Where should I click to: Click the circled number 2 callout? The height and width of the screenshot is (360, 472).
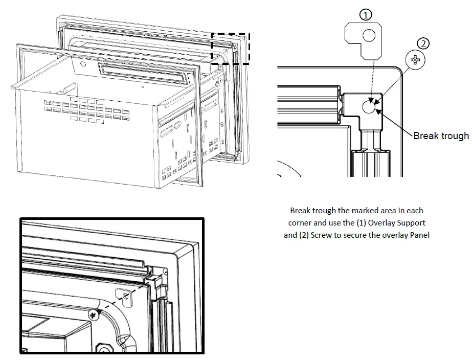[x=423, y=43]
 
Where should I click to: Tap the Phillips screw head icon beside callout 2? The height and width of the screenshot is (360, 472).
[x=415, y=61]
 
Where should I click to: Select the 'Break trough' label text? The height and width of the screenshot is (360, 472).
[x=440, y=136]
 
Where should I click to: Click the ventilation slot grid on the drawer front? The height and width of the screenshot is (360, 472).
[x=92, y=110]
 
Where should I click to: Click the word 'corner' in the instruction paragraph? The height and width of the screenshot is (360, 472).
[x=300, y=223]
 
